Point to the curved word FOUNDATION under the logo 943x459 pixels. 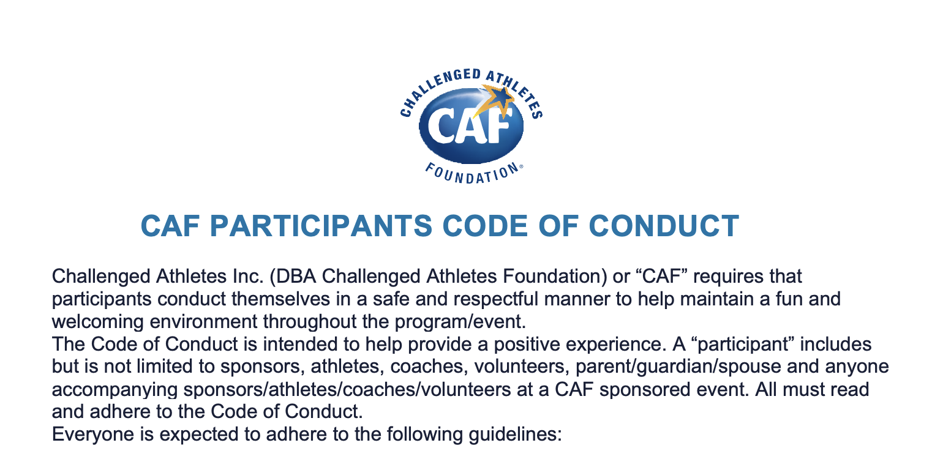click(472, 174)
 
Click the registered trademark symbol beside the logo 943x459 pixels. click(521, 166)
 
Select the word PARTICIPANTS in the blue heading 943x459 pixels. click(321, 226)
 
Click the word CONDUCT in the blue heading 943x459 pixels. click(664, 226)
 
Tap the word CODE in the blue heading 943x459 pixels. click(485, 226)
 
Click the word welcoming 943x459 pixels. click(98, 323)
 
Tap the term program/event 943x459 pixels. click(460, 323)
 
